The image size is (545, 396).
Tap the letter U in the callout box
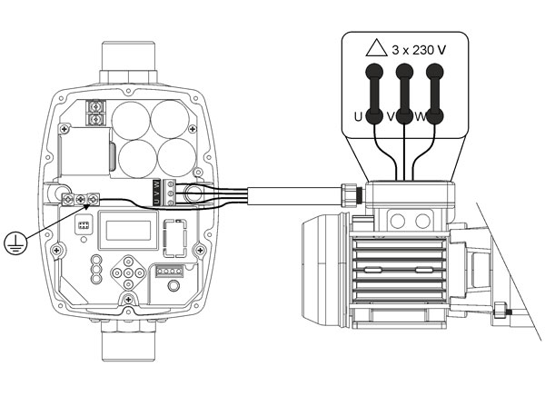coord(358,116)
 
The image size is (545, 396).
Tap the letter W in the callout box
coord(421,116)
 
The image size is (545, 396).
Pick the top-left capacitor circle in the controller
coord(129,119)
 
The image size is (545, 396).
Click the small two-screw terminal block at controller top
coord(95,114)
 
